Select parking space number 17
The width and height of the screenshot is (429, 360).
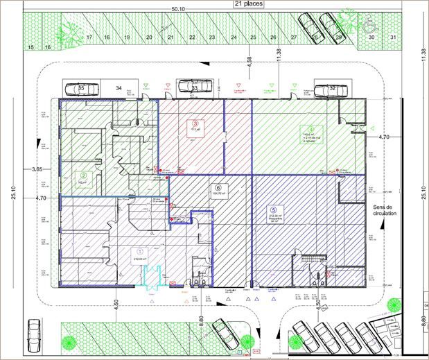(x=89, y=36)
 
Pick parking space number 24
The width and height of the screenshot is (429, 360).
(x=234, y=36)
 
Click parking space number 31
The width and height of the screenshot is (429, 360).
(x=392, y=36)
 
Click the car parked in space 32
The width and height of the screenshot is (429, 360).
(x=329, y=89)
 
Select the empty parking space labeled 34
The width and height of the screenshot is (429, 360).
(x=119, y=88)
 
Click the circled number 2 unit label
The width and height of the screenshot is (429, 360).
(x=83, y=175)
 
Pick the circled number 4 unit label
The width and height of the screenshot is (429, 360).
(x=305, y=129)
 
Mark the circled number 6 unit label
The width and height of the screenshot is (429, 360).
(x=218, y=187)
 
